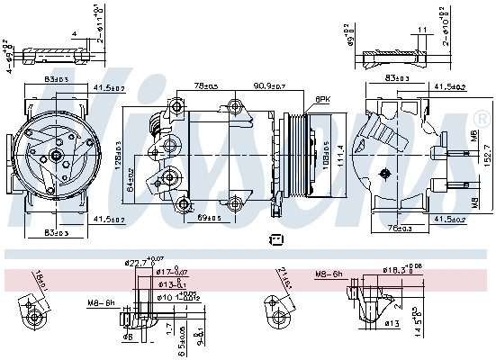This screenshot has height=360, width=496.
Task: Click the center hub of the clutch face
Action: [55, 156]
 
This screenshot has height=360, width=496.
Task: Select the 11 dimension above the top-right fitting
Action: [421, 31]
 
